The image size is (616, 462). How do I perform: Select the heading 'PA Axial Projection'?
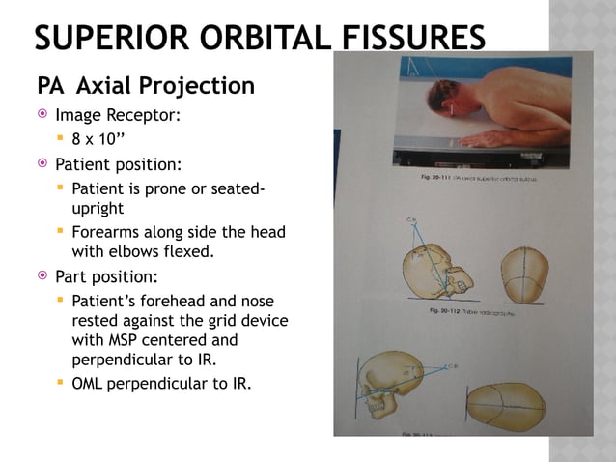click(x=146, y=86)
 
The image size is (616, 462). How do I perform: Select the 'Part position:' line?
click(x=112, y=276)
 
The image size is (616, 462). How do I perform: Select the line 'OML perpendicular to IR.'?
click(x=160, y=384)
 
